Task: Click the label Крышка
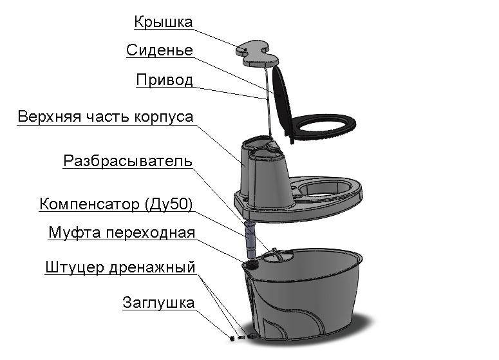pos(164,23)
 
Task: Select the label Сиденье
pos(160,50)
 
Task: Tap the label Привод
pos(165,80)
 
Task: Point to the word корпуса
pos(164,117)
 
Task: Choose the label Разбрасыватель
pos(128,161)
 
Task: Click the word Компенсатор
pos(89,204)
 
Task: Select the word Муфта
pos(75,232)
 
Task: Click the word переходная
pos(150,233)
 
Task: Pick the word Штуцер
pos(75,267)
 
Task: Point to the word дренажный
pos(152,268)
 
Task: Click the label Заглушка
pos(158,303)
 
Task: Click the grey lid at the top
pos(257,53)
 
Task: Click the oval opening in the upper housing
pos(324,187)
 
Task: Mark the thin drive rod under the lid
pos(268,102)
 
